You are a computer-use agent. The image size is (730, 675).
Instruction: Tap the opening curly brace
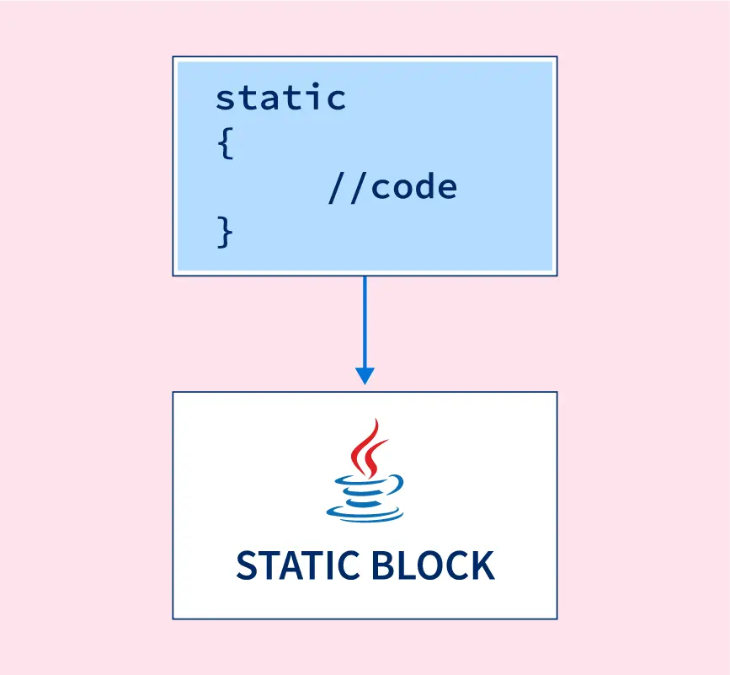pos(226,143)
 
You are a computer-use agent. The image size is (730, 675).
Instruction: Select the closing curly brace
pos(225,232)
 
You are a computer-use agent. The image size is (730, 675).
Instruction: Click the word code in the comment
pos(414,186)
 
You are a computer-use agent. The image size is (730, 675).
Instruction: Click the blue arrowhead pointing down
pos(365,376)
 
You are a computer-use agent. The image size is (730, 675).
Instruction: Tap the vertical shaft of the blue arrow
pos(365,322)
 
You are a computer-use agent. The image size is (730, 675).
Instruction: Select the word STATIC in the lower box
pos(298,565)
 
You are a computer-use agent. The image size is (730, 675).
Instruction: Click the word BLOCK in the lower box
pos(433,565)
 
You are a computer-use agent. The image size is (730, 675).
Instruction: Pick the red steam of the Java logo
pos(368,448)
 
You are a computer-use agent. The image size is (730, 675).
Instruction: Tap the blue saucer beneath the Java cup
pos(365,513)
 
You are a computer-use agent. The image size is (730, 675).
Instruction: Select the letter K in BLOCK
pos(482,565)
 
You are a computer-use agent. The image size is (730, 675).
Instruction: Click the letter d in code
pos(424,185)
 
